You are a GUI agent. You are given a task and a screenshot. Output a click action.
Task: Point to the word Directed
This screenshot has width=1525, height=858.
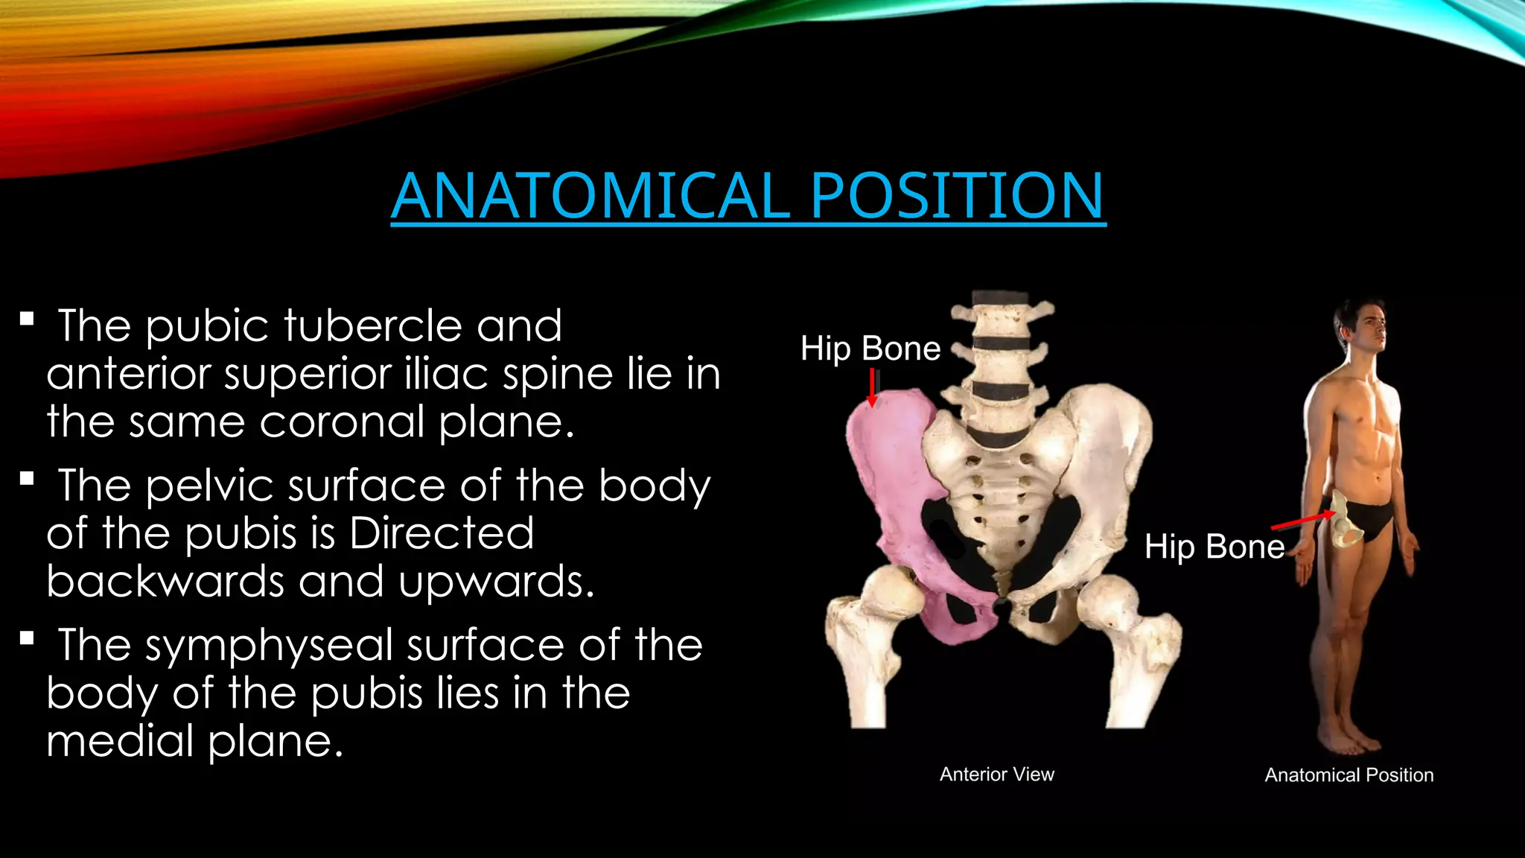click(x=442, y=533)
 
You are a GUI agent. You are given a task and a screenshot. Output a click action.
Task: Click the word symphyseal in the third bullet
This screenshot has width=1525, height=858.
click(x=269, y=645)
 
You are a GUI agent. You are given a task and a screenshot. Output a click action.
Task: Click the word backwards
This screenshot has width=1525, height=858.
click(x=165, y=581)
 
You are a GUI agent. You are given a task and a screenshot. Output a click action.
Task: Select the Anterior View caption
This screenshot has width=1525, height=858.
click(x=997, y=775)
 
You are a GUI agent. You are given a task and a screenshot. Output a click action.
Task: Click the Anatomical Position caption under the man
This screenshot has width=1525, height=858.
click(x=1349, y=775)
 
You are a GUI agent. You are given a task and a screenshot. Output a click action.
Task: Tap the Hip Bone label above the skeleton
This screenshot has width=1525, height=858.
click(x=870, y=349)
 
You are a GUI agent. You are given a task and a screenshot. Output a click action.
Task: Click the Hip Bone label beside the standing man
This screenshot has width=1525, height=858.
click(x=1214, y=547)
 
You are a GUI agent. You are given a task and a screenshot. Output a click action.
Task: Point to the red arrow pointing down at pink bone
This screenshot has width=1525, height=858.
click(x=872, y=387)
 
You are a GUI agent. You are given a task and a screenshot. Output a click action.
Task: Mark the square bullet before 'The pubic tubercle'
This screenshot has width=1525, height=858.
click(x=28, y=320)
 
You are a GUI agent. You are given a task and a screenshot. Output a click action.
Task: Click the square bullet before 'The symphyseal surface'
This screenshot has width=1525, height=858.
click(x=28, y=638)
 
